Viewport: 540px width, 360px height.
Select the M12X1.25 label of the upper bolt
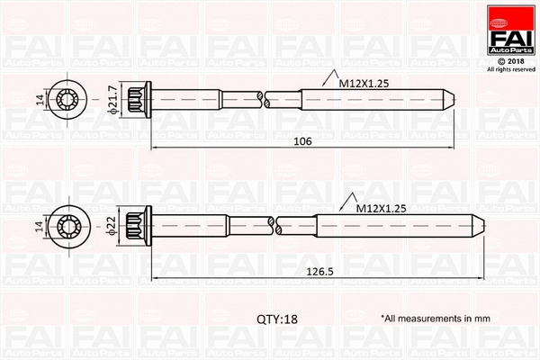[364, 82]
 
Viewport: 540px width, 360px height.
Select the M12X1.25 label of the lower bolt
[381, 208]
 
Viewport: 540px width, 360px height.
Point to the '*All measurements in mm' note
[435, 319]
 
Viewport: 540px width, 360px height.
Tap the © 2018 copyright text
[509, 59]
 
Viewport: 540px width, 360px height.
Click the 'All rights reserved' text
[509, 68]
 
